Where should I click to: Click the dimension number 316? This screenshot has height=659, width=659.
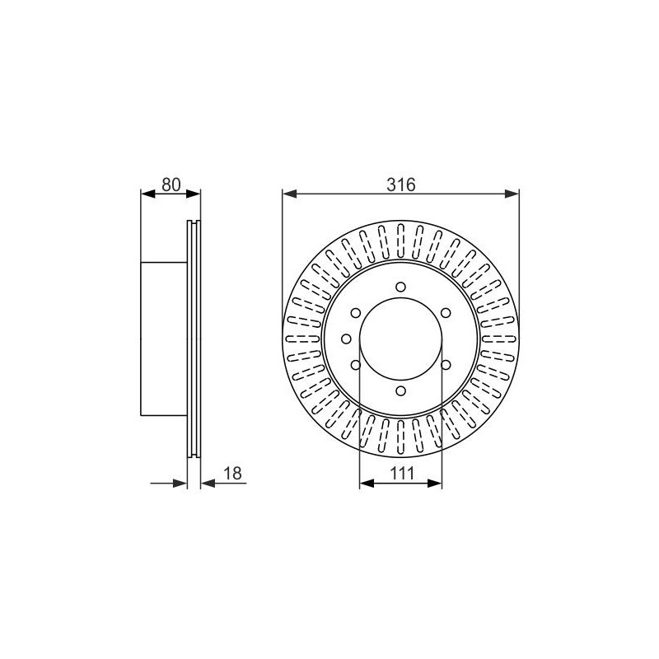tap(401, 185)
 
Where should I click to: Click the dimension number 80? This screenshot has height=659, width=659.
tap(171, 185)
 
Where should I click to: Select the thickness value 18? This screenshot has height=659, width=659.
tap(233, 473)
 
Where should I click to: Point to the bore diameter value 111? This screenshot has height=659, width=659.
tap(402, 473)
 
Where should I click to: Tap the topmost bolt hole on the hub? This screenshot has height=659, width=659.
tap(401, 287)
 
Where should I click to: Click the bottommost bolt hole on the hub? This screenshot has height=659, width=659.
tap(401, 391)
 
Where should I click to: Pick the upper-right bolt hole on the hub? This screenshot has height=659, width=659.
tap(446, 313)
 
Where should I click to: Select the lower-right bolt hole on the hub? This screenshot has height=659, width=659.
tap(446, 365)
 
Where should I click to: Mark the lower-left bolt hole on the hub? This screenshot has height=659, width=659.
tap(356, 365)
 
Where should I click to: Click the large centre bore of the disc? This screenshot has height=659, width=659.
tap(401, 339)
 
